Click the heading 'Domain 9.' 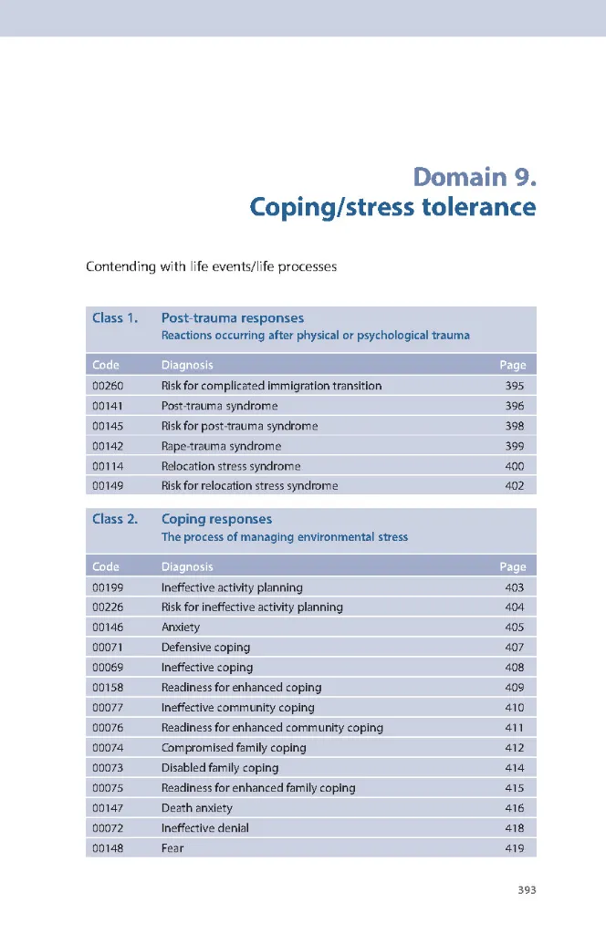point(474,176)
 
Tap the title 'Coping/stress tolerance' point(392,208)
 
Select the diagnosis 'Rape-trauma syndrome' point(221,446)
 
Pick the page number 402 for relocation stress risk point(515,486)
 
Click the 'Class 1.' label point(115,318)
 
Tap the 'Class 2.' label point(115,520)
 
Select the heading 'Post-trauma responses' point(233,318)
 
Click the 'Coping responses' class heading point(216,520)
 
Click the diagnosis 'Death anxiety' point(196,808)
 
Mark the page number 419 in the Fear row point(515,848)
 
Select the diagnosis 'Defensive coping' point(205,648)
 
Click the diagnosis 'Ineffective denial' point(204,828)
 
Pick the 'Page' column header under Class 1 point(513,365)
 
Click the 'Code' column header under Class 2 point(106,566)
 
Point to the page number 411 point(515,728)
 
